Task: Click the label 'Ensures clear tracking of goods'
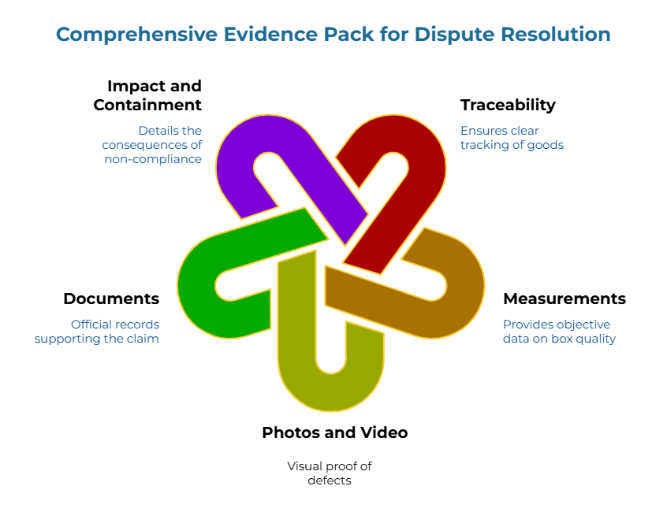[512, 138]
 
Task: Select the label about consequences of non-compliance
[151, 144]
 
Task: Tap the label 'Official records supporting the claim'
[96, 331]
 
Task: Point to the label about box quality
[559, 331]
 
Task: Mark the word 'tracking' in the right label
[486, 145]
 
